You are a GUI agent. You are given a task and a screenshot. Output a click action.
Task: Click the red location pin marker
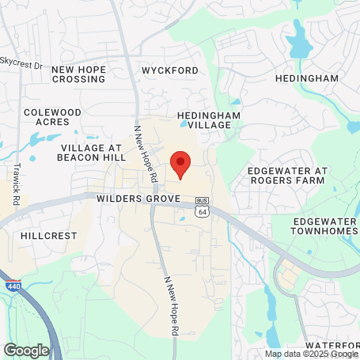pyautogui.click(x=181, y=164)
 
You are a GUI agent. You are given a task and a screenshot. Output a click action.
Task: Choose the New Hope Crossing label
pyautogui.click(x=78, y=74)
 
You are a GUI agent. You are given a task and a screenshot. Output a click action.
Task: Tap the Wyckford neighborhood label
pyautogui.click(x=169, y=70)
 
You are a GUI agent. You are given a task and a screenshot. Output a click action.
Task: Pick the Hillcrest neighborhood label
pyautogui.click(x=48, y=236)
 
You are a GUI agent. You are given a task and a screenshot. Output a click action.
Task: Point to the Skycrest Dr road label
pyautogui.click(x=21, y=61)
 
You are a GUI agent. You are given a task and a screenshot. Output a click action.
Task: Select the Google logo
pyautogui.click(x=26, y=350)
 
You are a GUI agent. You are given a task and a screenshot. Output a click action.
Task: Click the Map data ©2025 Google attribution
pyautogui.click(x=311, y=354)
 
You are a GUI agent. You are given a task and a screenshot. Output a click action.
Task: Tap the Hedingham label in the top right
pyautogui.click(x=306, y=79)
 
